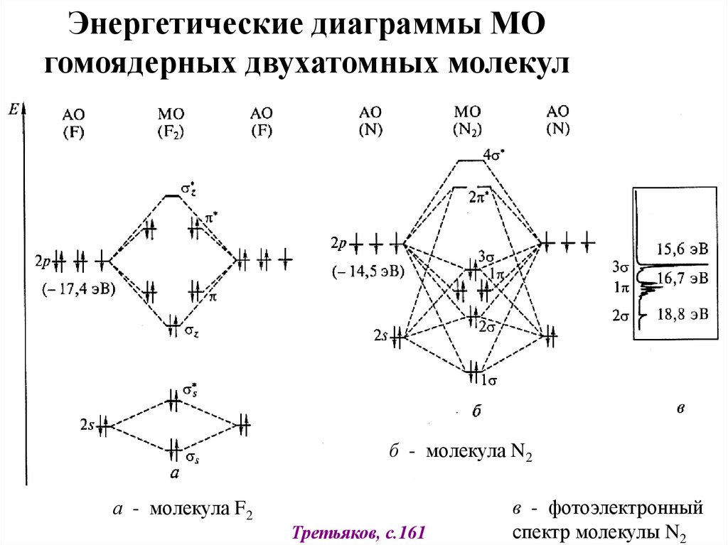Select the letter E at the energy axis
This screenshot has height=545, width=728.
pyautogui.click(x=13, y=109)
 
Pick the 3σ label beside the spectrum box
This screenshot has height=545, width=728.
pyautogui.click(x=621, y=267)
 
